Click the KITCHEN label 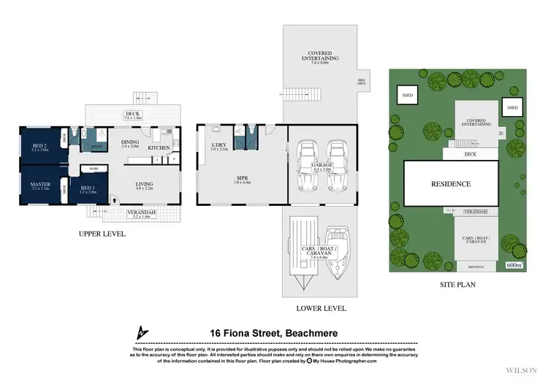(159, 148)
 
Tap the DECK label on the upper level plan (132, 114)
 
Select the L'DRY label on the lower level (220, 145)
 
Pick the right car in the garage (337, 156)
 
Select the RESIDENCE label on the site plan (450, 184)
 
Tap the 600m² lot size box (514, 265)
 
